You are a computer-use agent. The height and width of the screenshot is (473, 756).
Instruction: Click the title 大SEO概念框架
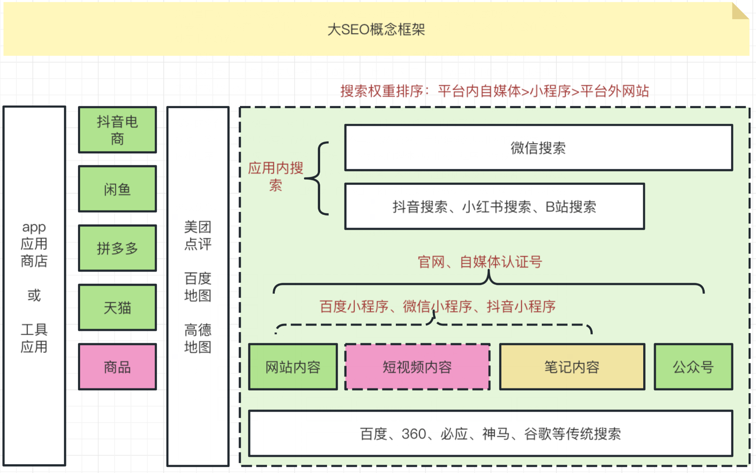(376, 30)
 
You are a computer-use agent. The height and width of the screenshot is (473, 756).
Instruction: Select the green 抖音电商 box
(117, 130)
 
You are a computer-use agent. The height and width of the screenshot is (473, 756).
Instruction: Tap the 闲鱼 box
(117, 189)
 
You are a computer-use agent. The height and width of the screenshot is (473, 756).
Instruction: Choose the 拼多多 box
(117, 248)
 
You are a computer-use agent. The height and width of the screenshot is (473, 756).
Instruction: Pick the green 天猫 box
(117, 308)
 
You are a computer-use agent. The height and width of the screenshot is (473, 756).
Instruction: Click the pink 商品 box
(117, 367)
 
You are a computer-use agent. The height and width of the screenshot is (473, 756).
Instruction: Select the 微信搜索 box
(539, 148)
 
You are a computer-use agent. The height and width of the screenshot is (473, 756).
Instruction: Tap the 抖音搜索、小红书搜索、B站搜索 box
(494, 207)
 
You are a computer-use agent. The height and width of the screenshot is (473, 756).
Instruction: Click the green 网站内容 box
(293, 367)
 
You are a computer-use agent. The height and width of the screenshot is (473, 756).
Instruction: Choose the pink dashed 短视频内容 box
(417, 367)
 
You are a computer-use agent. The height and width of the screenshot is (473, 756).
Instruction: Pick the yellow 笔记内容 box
(572, 367)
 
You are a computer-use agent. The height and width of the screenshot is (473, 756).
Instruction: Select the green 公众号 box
(693, 367)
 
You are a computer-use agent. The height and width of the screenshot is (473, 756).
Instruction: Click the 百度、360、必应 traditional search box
(491, 434)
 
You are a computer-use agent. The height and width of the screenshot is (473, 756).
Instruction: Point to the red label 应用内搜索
(276, 177)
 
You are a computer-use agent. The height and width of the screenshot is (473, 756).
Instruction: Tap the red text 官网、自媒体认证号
(480, 262)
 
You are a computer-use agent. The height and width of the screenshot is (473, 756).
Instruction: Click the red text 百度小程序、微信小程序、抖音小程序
(438, 306)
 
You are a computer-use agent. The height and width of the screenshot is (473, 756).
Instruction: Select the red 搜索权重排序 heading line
(495, 91)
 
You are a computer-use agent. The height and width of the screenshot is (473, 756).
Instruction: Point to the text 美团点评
(198, 235)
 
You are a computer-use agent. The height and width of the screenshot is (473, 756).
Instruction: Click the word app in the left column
(34, 228)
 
